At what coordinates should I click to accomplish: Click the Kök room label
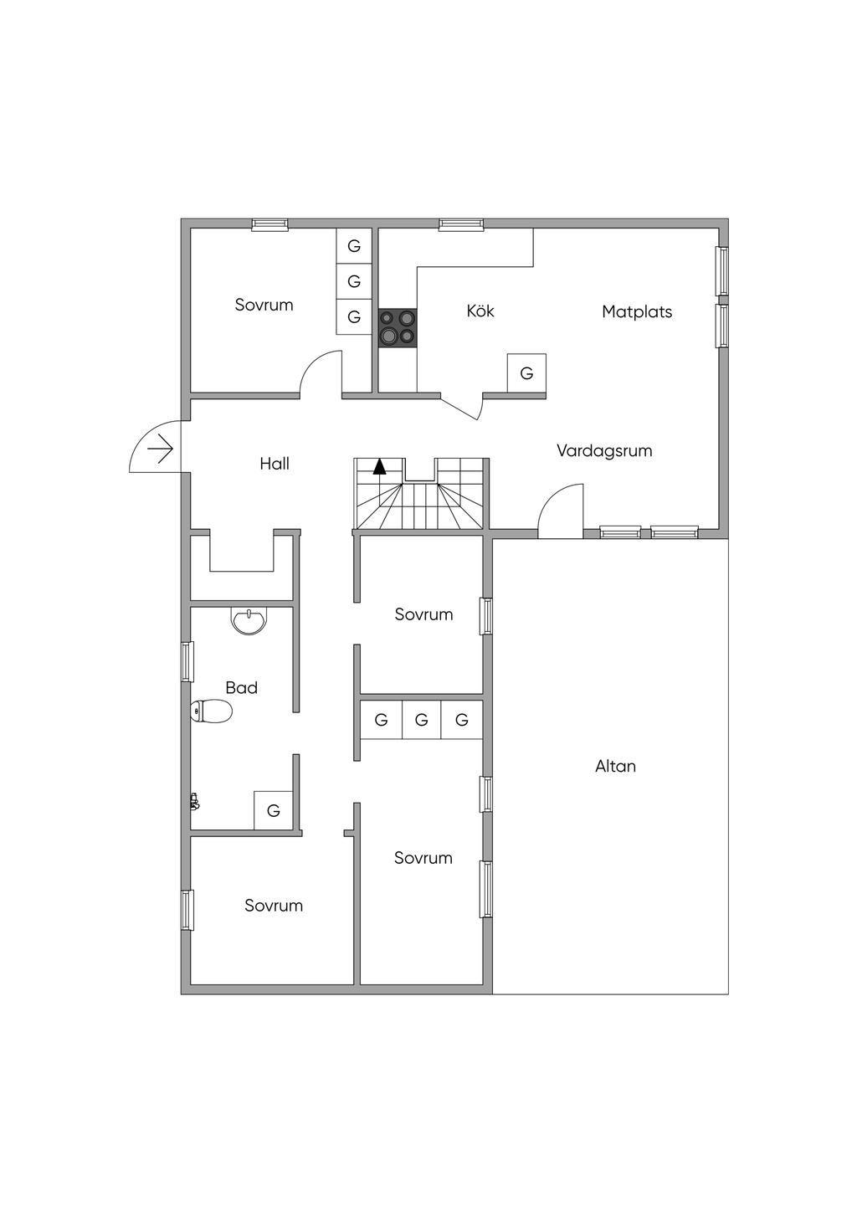pos(480,311)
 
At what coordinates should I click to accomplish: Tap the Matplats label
pos(637,312)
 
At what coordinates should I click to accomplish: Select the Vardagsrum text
pos(604,451)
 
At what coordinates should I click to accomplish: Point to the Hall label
pos(275,464)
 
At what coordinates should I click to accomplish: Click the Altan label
pos(615,766)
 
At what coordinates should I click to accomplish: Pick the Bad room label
pos(241,688)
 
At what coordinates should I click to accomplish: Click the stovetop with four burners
pos(398,327)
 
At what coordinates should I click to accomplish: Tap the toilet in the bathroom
pos(211,711)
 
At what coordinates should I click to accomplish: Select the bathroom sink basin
pos(249,620)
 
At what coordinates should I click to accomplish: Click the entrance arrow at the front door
pos(161,449)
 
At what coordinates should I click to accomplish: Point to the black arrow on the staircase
pos(380,466)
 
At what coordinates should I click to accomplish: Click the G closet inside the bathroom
pos(273,810)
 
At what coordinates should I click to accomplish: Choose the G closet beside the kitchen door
pos(526,372)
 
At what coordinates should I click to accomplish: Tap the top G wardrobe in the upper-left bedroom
pos(354,246)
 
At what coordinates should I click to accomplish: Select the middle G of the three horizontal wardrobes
pos(422,720)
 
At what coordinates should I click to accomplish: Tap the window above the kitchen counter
pos(461,224)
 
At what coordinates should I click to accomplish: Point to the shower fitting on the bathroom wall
pos(194,802)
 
